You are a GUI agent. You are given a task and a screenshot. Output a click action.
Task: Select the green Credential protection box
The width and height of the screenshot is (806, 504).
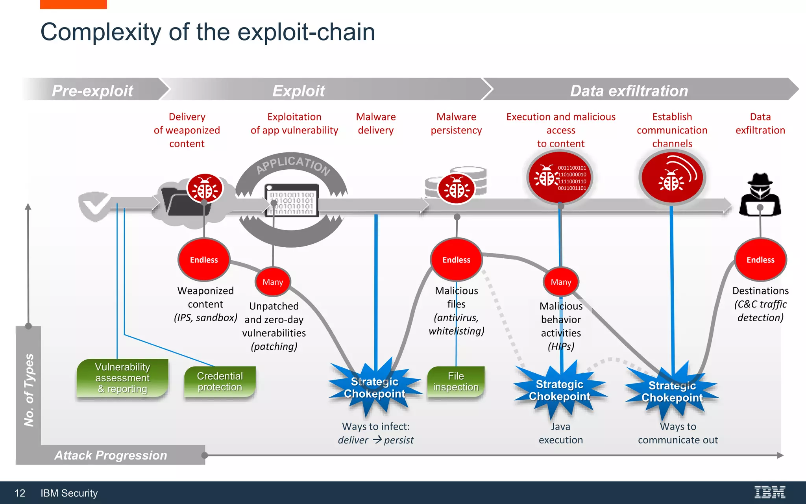220,382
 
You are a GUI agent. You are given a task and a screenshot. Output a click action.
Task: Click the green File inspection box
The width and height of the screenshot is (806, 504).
456,382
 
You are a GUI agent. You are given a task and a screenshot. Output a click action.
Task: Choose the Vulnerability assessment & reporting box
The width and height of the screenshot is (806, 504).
122,378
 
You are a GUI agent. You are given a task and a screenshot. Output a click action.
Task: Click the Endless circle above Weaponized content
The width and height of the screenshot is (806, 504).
204,259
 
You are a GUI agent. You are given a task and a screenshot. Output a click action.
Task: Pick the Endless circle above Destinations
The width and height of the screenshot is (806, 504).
760,259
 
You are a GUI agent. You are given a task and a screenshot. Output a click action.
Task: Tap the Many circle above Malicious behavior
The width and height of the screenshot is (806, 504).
561,282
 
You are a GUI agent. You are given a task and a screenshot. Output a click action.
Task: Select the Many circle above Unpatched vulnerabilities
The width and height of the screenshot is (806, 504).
273,282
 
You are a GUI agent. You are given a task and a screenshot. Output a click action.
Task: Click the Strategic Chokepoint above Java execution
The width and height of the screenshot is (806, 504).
560,390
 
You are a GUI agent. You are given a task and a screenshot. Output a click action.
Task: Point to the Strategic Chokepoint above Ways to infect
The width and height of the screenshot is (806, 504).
374,387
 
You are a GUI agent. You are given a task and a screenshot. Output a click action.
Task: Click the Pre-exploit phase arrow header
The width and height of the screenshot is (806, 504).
93,90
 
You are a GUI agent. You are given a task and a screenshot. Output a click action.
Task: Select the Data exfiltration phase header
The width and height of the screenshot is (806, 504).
629,90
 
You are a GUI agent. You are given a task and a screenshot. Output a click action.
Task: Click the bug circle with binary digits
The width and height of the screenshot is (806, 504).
560,178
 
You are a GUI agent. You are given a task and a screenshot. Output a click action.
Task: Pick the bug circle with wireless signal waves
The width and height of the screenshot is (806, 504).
672,178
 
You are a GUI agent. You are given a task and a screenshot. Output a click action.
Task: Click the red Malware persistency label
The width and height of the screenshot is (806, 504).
456,123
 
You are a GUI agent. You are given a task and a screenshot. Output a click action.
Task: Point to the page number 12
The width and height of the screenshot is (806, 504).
20,493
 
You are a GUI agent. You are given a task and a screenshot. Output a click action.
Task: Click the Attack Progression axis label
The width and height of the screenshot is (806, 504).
111,455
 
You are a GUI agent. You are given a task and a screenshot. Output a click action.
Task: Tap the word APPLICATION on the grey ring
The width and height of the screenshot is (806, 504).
293,164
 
